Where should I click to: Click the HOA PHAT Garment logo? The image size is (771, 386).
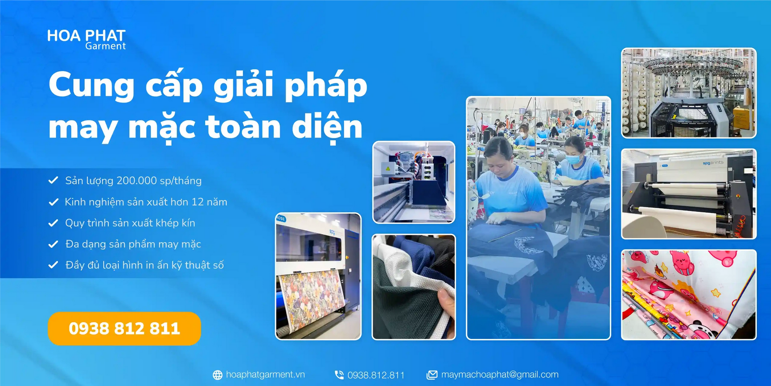coord(86,40)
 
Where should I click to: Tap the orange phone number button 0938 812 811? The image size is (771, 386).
coord(124,328)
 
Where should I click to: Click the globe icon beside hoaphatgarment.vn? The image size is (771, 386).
coord(218,375)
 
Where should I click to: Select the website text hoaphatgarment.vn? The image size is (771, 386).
coord(265,374)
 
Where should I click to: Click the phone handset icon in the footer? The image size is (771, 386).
coord(339,375)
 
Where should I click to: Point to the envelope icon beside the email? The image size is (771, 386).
coord(432,375)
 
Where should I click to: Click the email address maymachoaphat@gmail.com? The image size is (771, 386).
coord(500,374)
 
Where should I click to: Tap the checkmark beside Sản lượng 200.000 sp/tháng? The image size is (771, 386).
coord(53,180)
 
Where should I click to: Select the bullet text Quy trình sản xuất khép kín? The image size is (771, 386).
coord(130,223)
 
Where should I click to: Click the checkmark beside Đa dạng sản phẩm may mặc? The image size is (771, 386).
coord(53,244)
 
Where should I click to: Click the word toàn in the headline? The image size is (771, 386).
coord(243,127)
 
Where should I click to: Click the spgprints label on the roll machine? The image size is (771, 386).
coord(713,163)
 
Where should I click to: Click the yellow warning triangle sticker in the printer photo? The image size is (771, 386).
coord(388,168)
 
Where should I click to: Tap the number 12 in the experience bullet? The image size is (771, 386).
coord(197,202)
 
